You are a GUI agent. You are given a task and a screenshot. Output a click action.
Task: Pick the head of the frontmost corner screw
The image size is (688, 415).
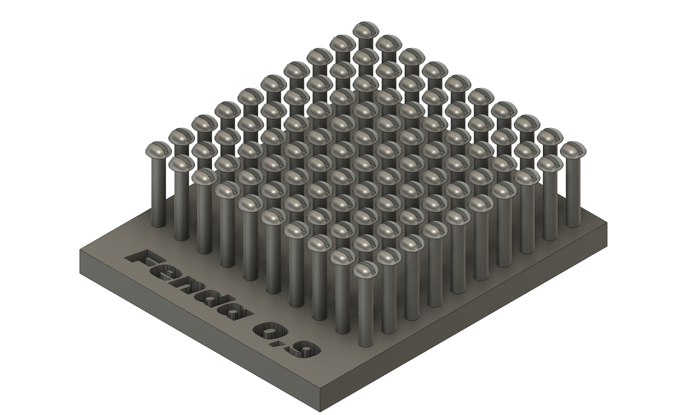(x=366, y=269)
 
